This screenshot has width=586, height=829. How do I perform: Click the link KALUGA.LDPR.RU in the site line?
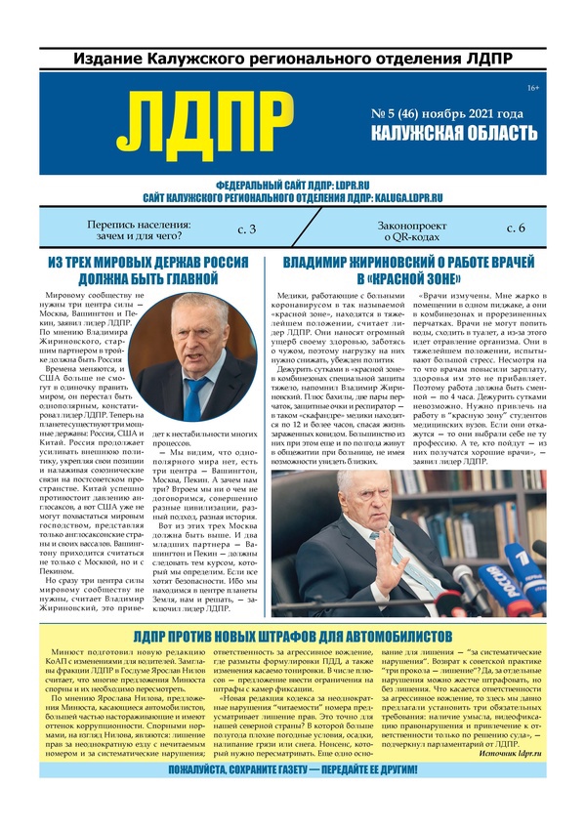391,197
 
